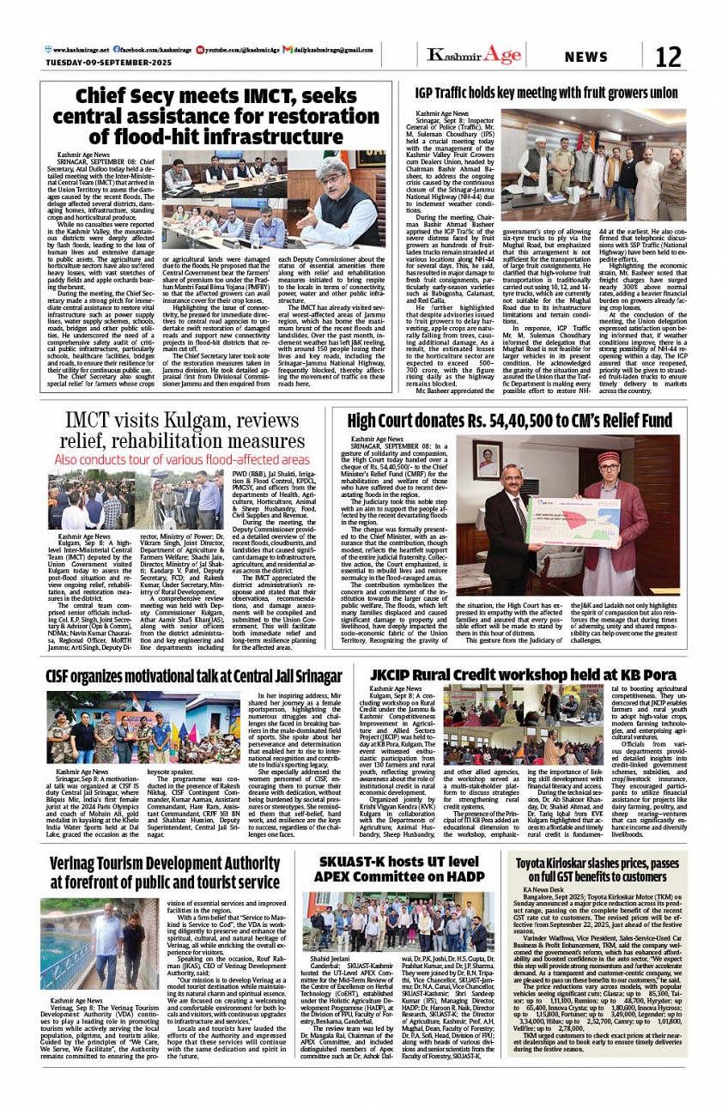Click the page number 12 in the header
(668, 58)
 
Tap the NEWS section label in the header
(585, 58)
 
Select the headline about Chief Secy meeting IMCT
(215, 116)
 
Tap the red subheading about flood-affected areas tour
(182, 459)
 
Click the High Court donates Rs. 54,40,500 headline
(509, 421)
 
